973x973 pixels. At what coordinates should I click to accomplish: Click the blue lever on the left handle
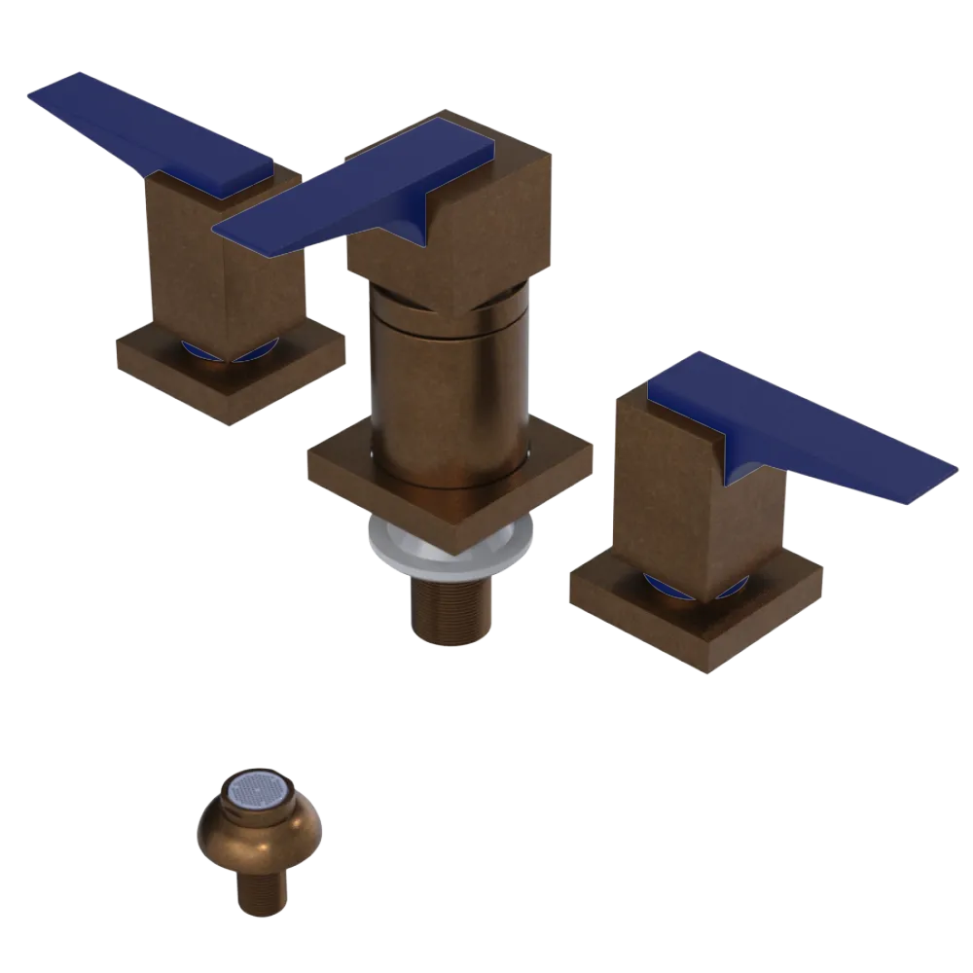tap(146, 131)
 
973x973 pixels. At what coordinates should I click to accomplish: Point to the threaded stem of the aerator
tap(261, 890)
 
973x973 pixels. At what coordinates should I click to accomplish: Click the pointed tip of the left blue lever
tap(34, 92)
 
